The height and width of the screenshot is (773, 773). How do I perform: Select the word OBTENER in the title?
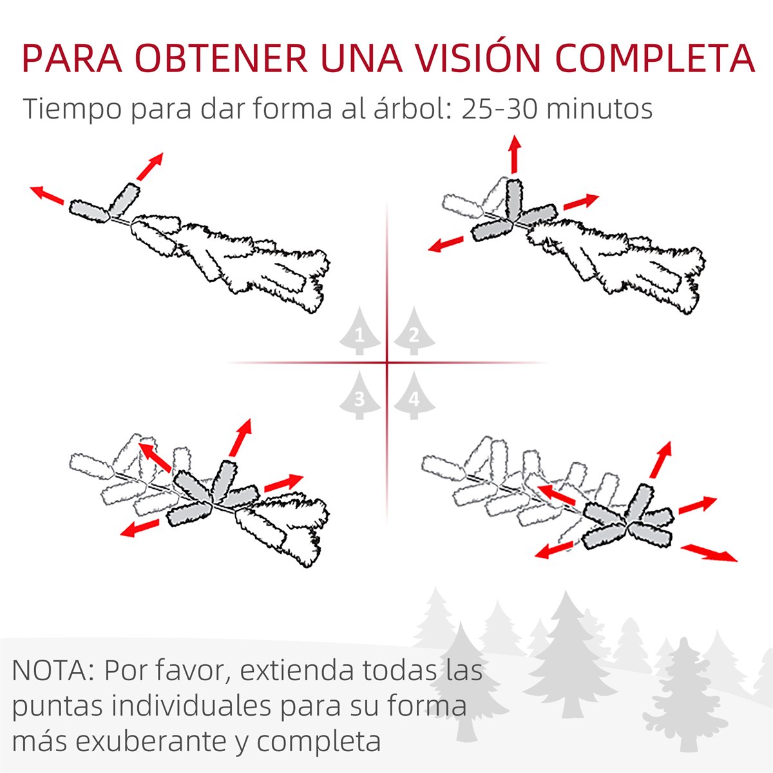(x=223, y=58)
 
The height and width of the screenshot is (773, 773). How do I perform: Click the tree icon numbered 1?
(x=359, y=330)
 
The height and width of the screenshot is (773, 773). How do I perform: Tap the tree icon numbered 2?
(x=414, y=330)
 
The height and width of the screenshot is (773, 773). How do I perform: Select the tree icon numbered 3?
(x=359, y=396)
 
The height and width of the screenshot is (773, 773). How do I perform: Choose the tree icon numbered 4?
(x=414, y=396)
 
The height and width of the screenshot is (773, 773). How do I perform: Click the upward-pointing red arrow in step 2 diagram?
(x=514, y=155)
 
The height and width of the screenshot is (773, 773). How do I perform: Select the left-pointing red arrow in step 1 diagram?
(x=47, y=195)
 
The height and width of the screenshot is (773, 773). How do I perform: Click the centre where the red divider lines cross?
(x=387, y=363)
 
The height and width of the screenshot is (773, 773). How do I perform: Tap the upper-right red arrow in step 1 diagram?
(x=149, y=166)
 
